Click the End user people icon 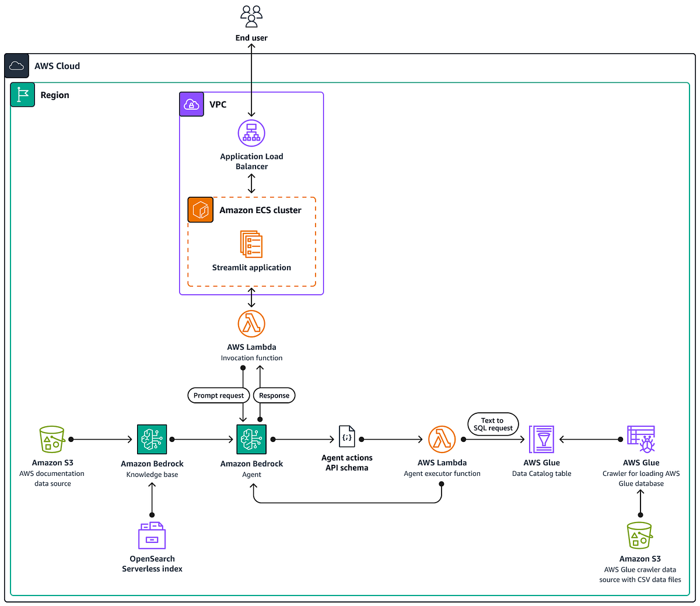click(251, 16)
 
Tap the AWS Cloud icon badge click(17, 66)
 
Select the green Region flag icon click(23, 95)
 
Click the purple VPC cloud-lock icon click(191, 105)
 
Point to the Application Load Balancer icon click(251, 133)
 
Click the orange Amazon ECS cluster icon click(201, 210)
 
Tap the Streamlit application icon click(251, 244)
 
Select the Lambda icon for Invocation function click(251, 323)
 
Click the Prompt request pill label click(219, 395)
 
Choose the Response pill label click(274, 395)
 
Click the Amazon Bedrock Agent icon click(251, 439)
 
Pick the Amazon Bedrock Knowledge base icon click(152, 439)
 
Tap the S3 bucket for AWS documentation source click(52, 439)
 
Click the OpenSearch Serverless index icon click(152, 535)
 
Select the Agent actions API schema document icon click(346, 436)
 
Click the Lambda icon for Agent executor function click(442, 439)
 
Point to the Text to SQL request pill click(493, 424)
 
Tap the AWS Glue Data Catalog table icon click(541, 439)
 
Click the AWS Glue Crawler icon click(640, 439)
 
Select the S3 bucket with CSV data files click(639, 535)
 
